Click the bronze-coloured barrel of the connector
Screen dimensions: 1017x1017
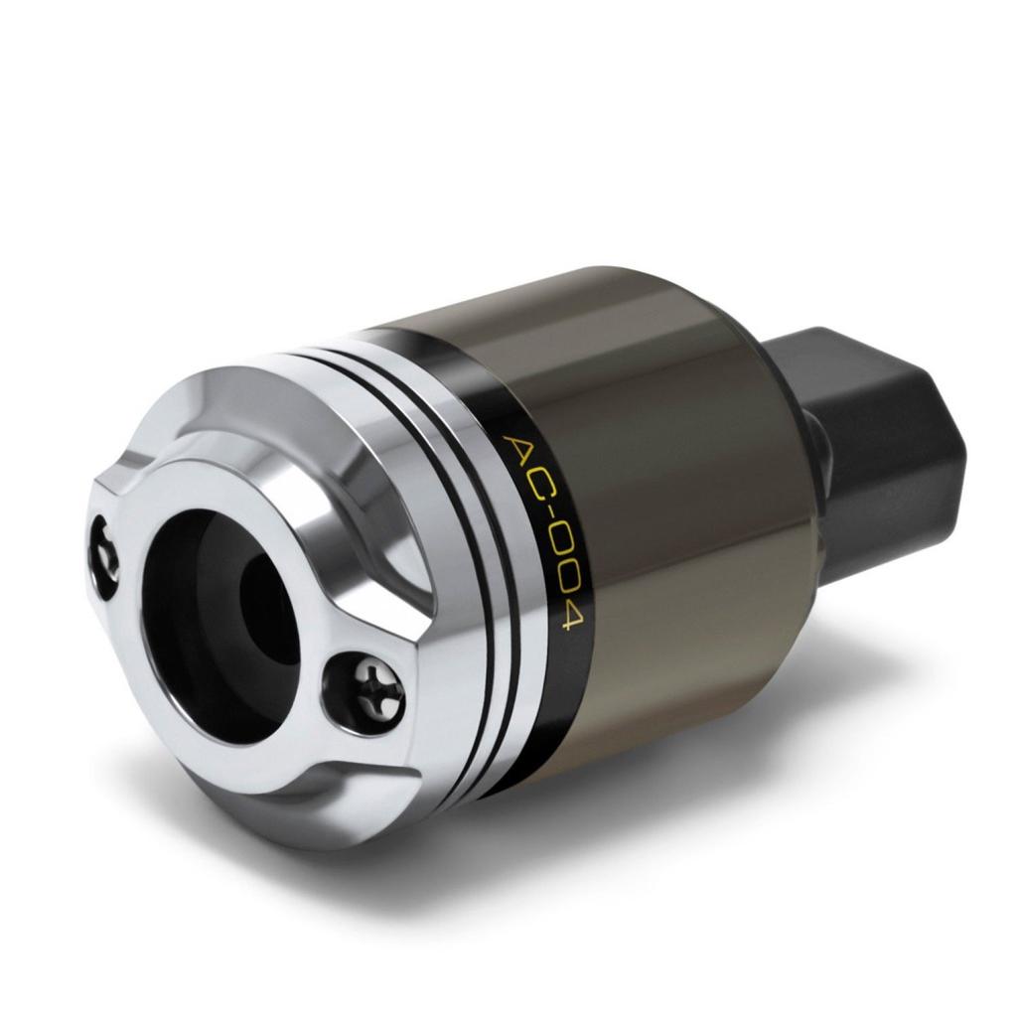point(675,497)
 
